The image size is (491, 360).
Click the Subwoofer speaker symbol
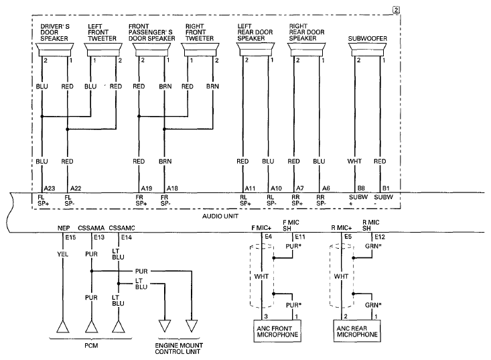[368, 50]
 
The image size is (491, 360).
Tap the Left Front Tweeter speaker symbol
[103, 50]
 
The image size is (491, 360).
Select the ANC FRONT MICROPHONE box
[277, 331]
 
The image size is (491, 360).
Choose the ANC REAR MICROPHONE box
[357, 331]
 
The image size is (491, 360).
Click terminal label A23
[50, 188]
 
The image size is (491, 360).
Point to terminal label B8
[361, 188]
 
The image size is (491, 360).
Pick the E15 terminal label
[70, 237]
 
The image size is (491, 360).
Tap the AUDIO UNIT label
[220, 216]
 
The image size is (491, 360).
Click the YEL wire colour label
[62, 254]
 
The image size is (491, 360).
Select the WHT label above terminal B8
[354, 161]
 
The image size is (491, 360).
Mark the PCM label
[91, 346]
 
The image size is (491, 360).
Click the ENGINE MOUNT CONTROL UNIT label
[179, 349]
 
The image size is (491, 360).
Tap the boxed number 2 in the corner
[396, 10]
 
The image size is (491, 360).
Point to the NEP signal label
[64, 228]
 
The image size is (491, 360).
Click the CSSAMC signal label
[122, 228]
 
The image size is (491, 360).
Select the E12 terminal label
[379, 237]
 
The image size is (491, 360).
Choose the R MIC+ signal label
[342, 228]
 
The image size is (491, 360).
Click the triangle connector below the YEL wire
[62, 326]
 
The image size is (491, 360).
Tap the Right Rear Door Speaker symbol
[307, 50]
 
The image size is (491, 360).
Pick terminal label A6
[326, 188]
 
